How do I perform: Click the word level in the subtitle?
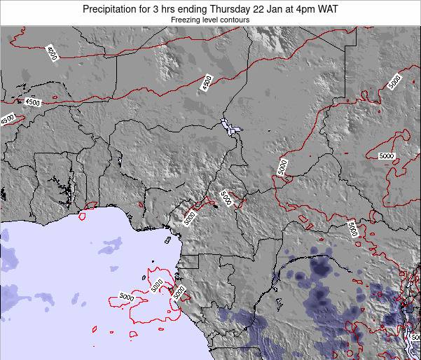pos(214,20)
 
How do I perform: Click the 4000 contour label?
pos(52,53)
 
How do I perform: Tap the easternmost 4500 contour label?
pos(206,83)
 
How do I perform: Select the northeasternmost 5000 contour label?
pos(394,82)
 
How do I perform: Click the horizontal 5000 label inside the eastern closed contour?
pos(387,155)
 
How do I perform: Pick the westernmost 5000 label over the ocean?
pos(127,298)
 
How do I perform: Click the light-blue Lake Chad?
pos(228,127)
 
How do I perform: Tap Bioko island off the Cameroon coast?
pos(168,240)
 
